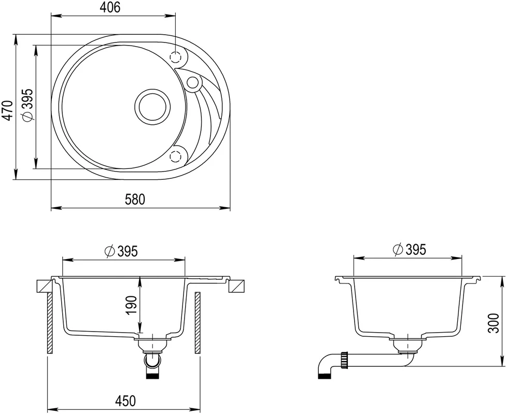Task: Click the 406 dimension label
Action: [110, 7]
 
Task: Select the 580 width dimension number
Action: [135, 199]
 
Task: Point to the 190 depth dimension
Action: [132, 305]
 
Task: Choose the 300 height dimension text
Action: [494, 323]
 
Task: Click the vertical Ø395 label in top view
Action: [27, 105]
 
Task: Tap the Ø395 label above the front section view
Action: [121, 251]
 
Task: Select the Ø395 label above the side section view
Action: [410, 249]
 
